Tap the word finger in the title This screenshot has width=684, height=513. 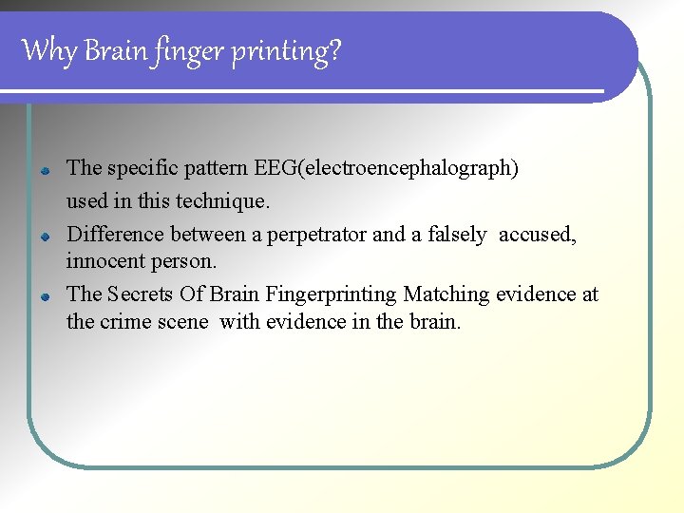[x=178, y=51]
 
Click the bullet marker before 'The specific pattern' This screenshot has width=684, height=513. [x=45, y=171]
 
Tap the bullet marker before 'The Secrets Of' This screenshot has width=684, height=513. [x=45, y=296]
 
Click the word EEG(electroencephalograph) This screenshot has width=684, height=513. [x=387, y=169]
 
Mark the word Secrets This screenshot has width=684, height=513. [x=141, y=294]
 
